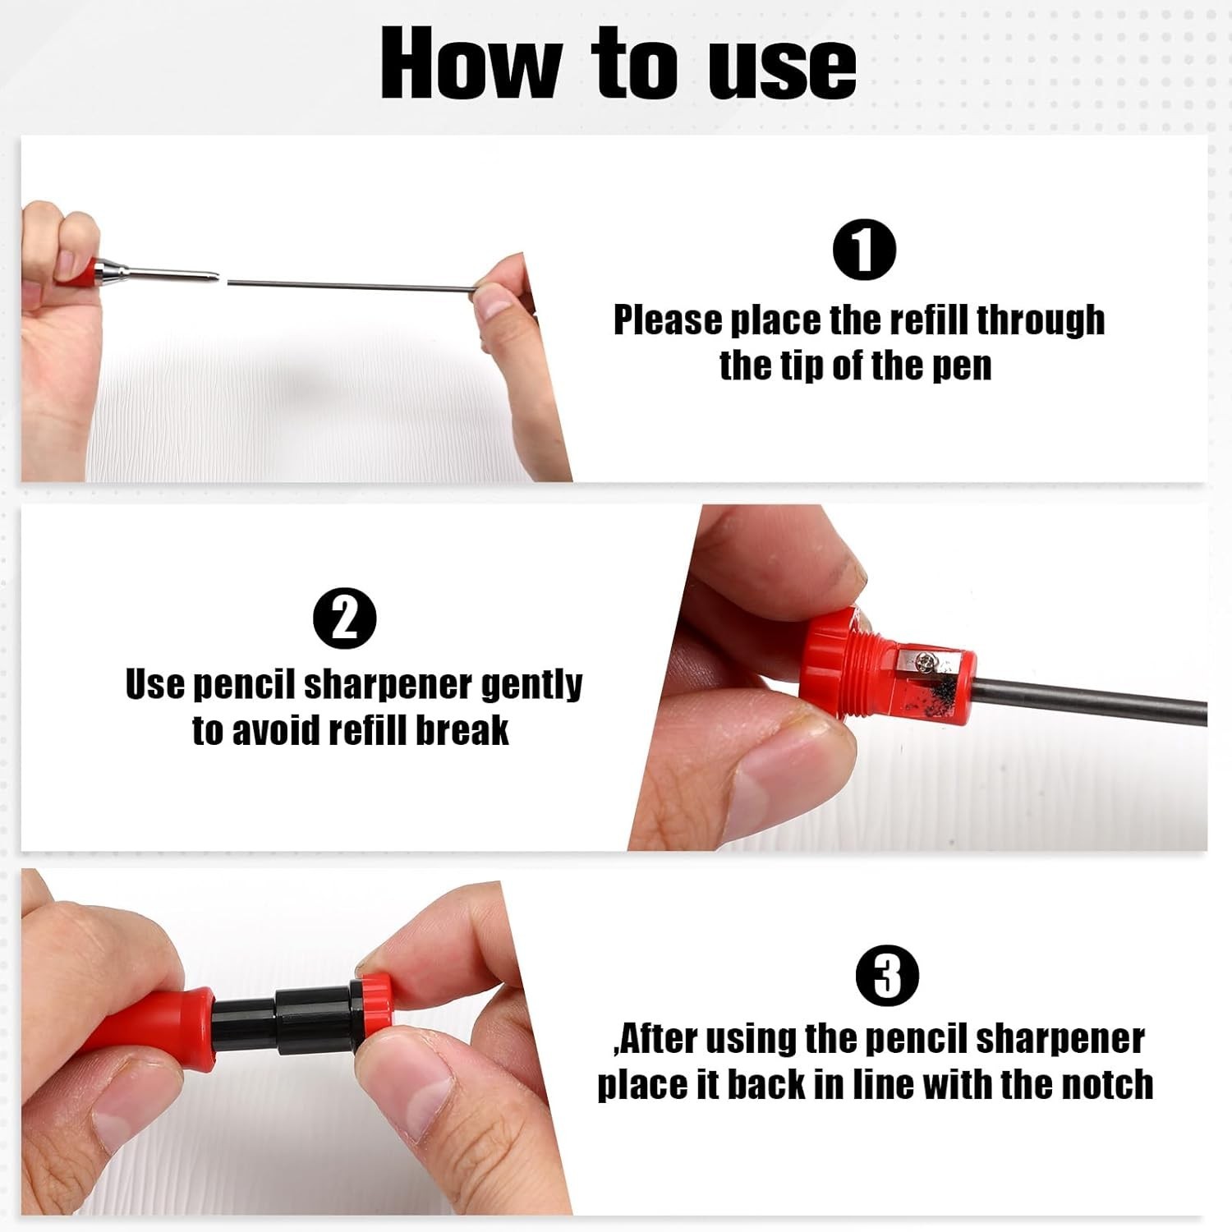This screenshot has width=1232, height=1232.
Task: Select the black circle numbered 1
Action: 864,251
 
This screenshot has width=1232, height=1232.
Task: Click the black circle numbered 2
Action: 346,618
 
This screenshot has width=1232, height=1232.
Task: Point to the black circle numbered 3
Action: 888,976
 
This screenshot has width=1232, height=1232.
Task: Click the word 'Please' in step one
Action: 666,321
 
